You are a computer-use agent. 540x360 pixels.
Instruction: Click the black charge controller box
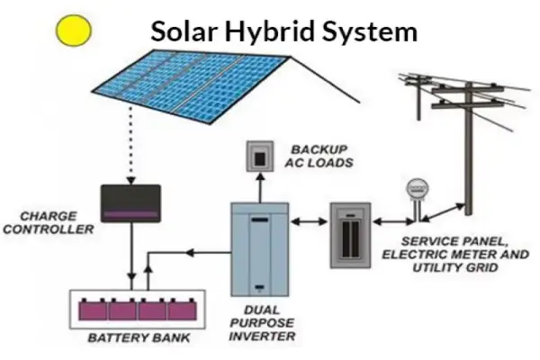pos(130,203)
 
